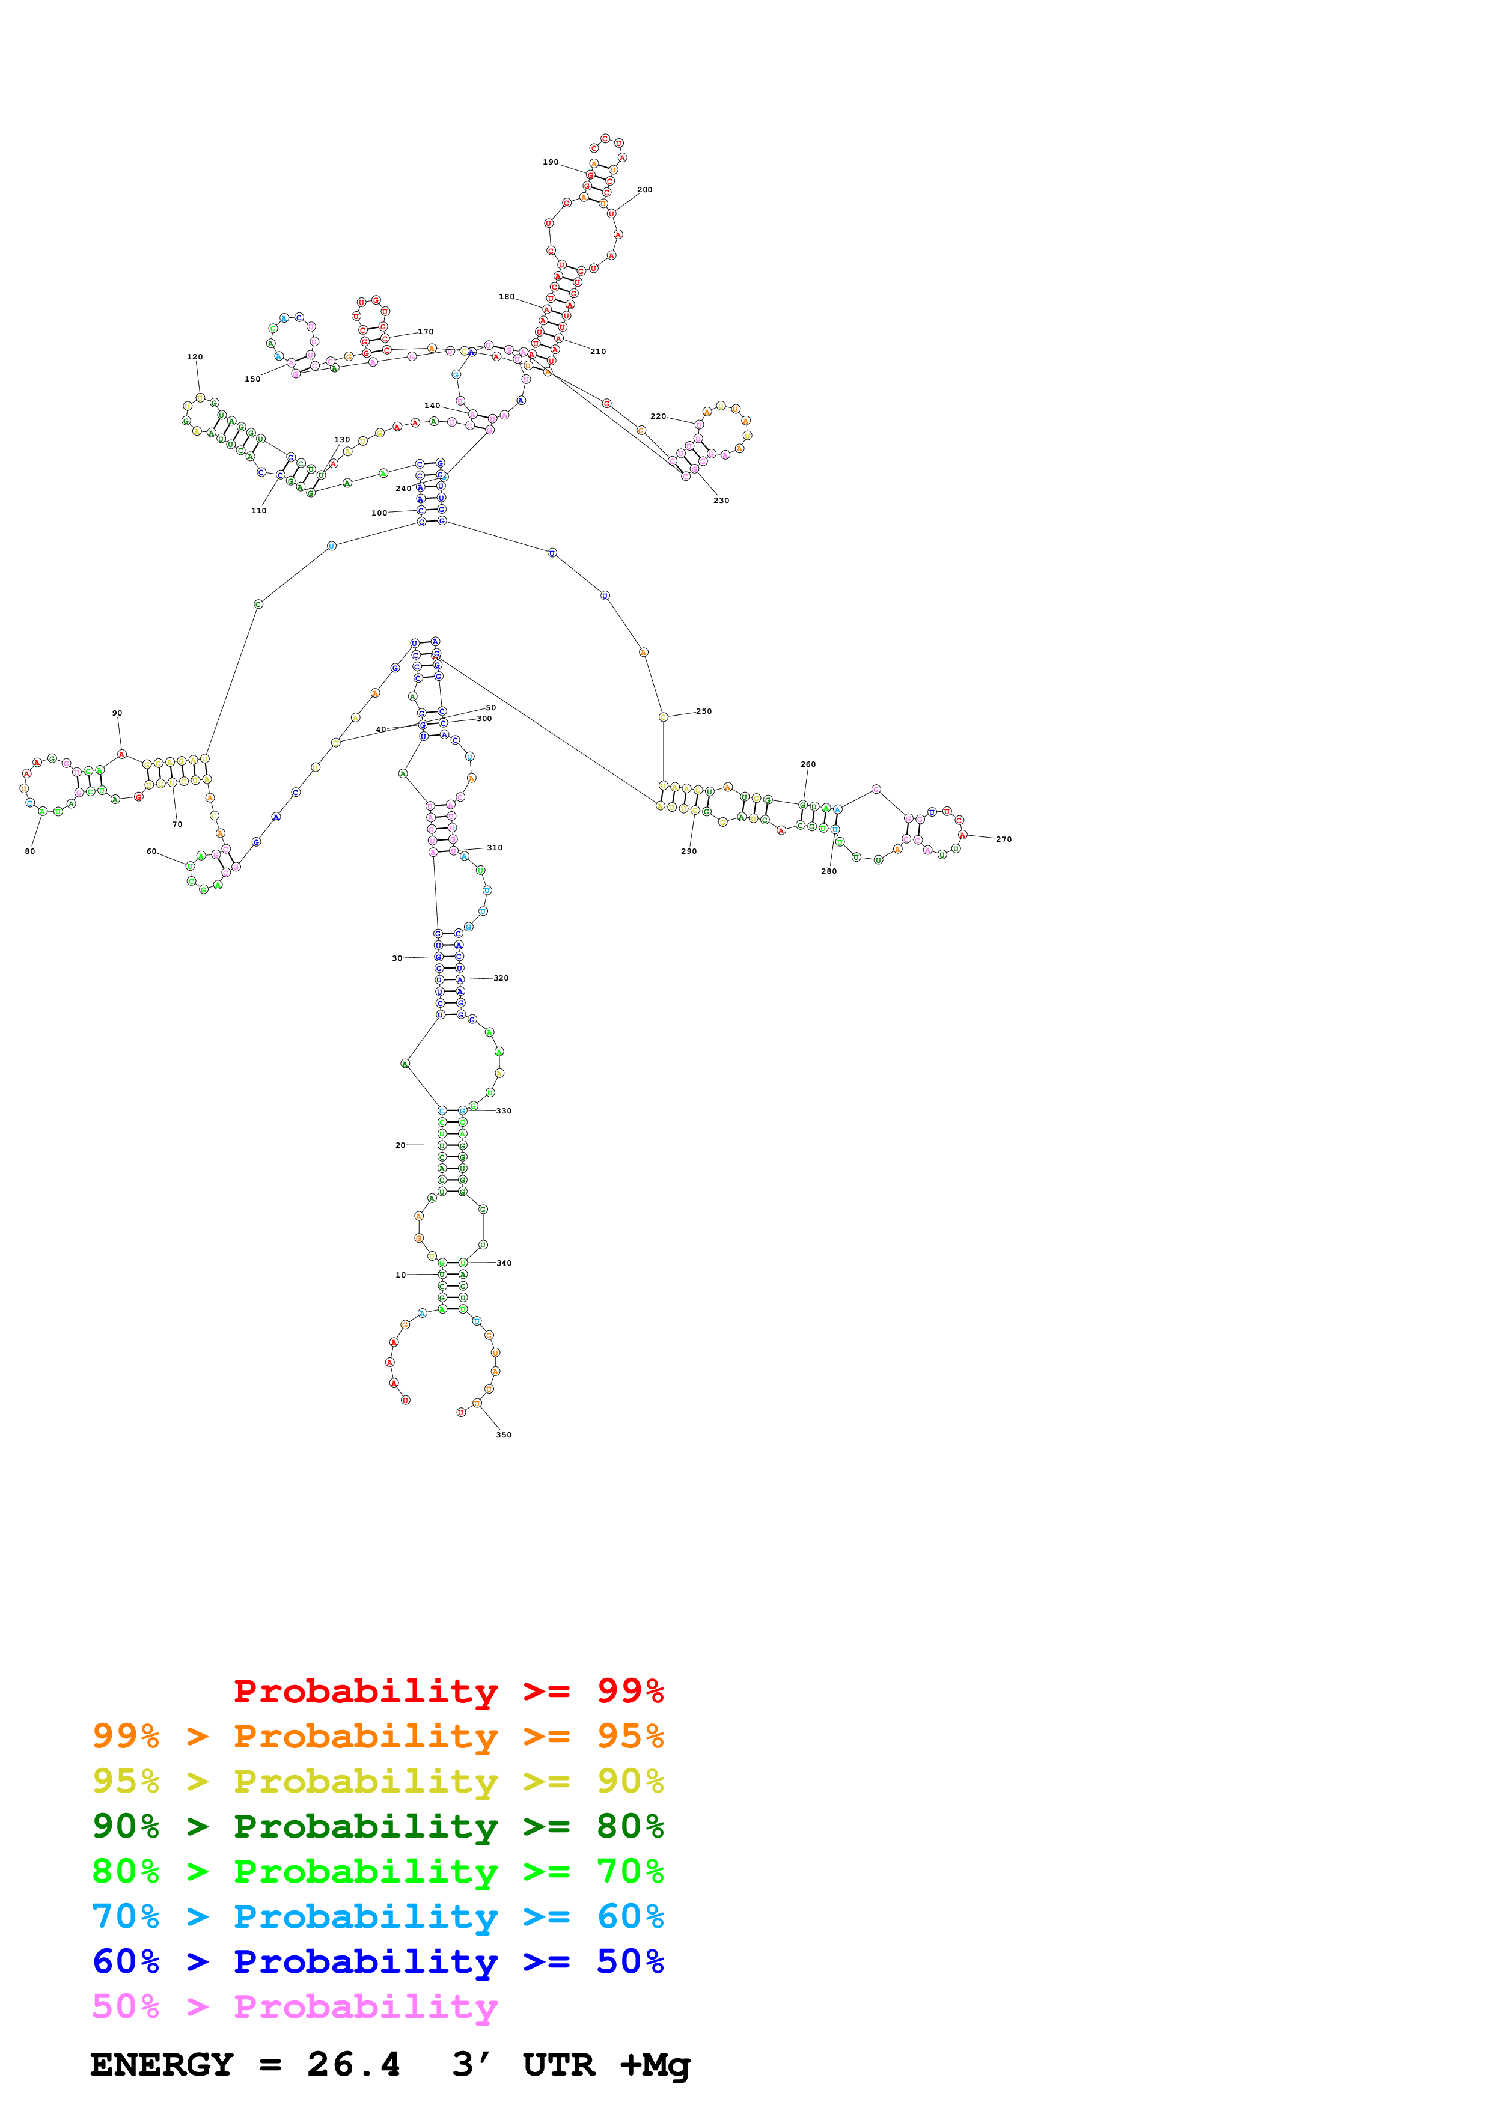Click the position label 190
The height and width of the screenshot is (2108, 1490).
pyautogui.click(x=550, y=162)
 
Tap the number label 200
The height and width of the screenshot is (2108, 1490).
pyautogui.click(x=644, y=190)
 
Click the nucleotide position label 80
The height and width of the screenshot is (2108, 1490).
pyautogui.click(x=30, y=851)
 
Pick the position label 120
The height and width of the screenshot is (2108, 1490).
pyautogui.click(x=195, y=357)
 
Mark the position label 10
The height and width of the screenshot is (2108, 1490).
pyautogui.click(x=400, y=1275)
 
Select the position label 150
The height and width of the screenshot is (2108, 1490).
pyautogui.click(x=252, y=379)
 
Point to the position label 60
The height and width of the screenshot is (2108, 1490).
pyautogui.click(x=151, y=851)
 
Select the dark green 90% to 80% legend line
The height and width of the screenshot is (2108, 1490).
pyautogui.click(x=377, y=1826)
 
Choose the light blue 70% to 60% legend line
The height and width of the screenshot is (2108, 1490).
pyautogui.click(x=377, y=1917)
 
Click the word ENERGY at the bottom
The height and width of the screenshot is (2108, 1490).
pyautogui.click(x=162, y=2065)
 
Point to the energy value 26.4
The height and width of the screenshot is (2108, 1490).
pyautogui.click(x=353, y=2065)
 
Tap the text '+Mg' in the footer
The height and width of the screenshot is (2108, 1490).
pyautogui.click(x=655, y=2065)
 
